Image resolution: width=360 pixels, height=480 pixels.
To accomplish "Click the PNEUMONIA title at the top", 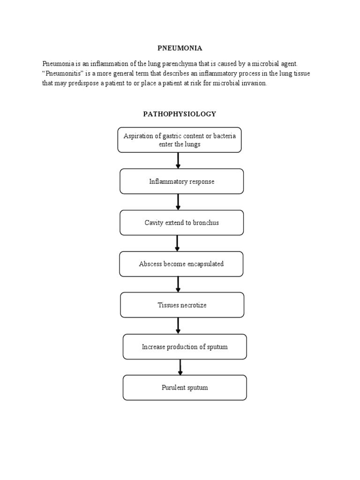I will coord(180,48).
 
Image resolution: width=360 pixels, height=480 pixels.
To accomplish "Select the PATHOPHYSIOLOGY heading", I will coord(180,114).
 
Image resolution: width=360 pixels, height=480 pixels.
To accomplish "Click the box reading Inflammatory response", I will coord(181,181).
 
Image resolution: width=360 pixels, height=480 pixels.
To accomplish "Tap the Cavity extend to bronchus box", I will coord(181,223).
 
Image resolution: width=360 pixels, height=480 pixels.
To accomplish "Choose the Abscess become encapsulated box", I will coord(181,264).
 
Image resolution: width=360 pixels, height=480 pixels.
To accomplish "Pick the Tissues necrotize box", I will coord(182,305).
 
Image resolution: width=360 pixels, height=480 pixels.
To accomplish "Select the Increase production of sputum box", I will coord(185,347).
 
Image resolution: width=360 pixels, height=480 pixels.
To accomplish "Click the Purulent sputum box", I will coord(185,388).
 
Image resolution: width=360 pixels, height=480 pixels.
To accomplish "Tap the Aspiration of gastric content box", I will coord(180,140).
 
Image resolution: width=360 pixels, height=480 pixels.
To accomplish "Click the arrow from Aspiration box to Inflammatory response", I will coord(178,161).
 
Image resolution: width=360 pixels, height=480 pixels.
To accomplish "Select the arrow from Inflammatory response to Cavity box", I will coord(178,202).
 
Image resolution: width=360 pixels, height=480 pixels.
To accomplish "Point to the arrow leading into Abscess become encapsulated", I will coord(177,243).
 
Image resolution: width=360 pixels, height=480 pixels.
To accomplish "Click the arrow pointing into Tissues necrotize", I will coord(178,285).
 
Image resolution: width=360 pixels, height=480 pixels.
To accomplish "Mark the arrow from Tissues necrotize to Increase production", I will coord(178,326).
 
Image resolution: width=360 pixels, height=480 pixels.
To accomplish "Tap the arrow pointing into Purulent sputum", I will coord(180,367).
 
